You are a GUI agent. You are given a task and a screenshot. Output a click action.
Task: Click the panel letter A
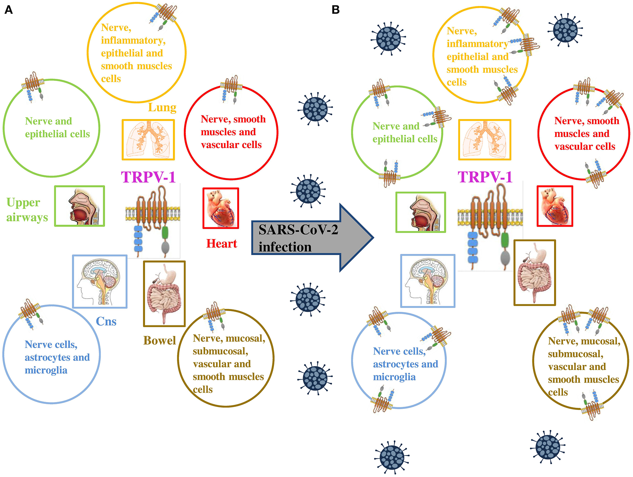pos(8,10)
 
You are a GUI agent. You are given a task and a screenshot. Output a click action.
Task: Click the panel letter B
pos(335,10)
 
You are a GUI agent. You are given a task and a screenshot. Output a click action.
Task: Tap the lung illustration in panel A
pos(148,139)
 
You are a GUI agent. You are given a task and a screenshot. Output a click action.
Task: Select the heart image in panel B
pos(554,206)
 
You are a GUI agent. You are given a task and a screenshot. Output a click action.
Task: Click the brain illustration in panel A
pos(100,281)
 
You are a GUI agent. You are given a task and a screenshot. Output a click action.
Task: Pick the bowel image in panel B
pos(534,273)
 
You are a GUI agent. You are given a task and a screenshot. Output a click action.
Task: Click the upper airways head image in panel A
pos(79,206)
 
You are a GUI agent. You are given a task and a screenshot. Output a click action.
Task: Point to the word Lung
pos(162,107)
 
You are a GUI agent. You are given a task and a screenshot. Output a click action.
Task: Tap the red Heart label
pos(221,243)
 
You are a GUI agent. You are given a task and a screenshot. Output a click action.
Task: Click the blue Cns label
pos(106,321)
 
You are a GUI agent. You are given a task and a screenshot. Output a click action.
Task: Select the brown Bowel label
pos(159,340)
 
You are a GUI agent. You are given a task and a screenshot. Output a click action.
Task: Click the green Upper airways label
pos(27,210)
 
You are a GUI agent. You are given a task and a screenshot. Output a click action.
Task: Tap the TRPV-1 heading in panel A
pos(148,177)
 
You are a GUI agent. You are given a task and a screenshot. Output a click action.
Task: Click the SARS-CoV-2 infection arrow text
pos(297,238)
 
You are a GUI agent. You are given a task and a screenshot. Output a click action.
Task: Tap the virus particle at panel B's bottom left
pos(392,457)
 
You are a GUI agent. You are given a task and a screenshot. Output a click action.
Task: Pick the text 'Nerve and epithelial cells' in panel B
pos(404,132)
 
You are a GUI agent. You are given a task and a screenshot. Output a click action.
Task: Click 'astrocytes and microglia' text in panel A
pos(57,364)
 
